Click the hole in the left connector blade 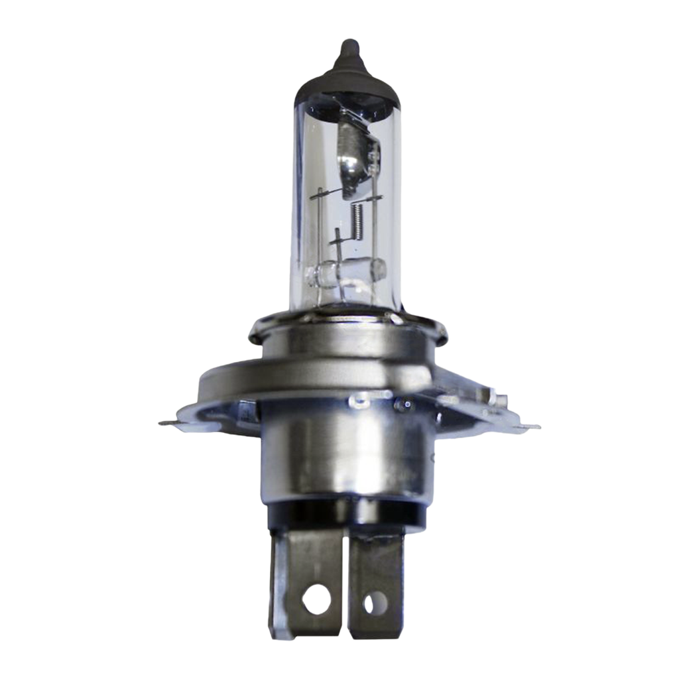point(316,599)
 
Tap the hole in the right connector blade point(375,603)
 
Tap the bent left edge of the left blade point(273,584)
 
